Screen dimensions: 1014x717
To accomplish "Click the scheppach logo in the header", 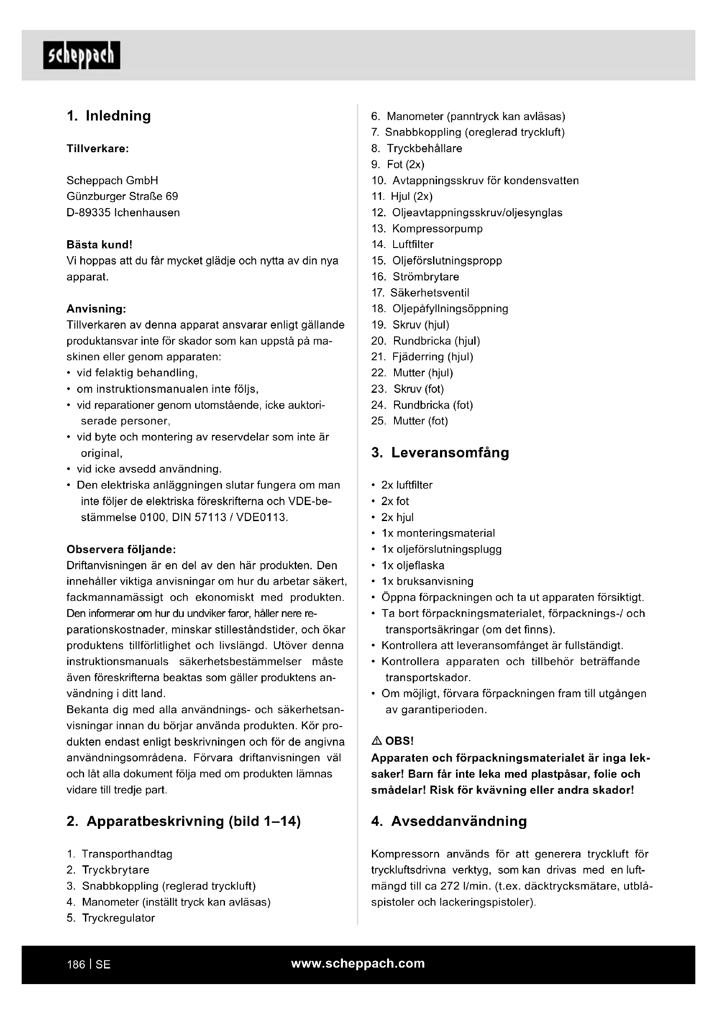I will click(x=81, y=55).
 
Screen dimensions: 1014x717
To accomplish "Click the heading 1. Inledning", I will click(x=109, y=116).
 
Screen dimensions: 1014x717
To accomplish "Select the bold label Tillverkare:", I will click(x=98, y=148).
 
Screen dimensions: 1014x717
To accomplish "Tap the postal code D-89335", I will click(x=88, y=212).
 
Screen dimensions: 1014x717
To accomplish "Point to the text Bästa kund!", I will click(x=99, y=244).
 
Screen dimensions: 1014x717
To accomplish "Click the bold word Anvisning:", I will click(x=96, y=309).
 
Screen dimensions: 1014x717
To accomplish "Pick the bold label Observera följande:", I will click(x=121, y=549).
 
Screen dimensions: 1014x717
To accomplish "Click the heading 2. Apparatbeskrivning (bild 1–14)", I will click(x=184, y=821).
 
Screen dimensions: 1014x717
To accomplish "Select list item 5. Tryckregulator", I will click(x=111, y=918).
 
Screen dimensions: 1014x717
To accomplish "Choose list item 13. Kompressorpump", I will click(x=427, y=228).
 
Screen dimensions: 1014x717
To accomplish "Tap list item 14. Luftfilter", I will click(x=402, y=244).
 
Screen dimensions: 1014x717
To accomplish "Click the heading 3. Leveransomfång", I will click(x=440, y=453).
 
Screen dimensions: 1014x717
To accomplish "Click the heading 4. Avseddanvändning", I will click(x=449, y=821).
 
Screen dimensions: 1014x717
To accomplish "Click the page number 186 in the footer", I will click(x=76, y=965).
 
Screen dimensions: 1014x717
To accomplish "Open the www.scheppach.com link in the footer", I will click(x=358, y=963).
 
